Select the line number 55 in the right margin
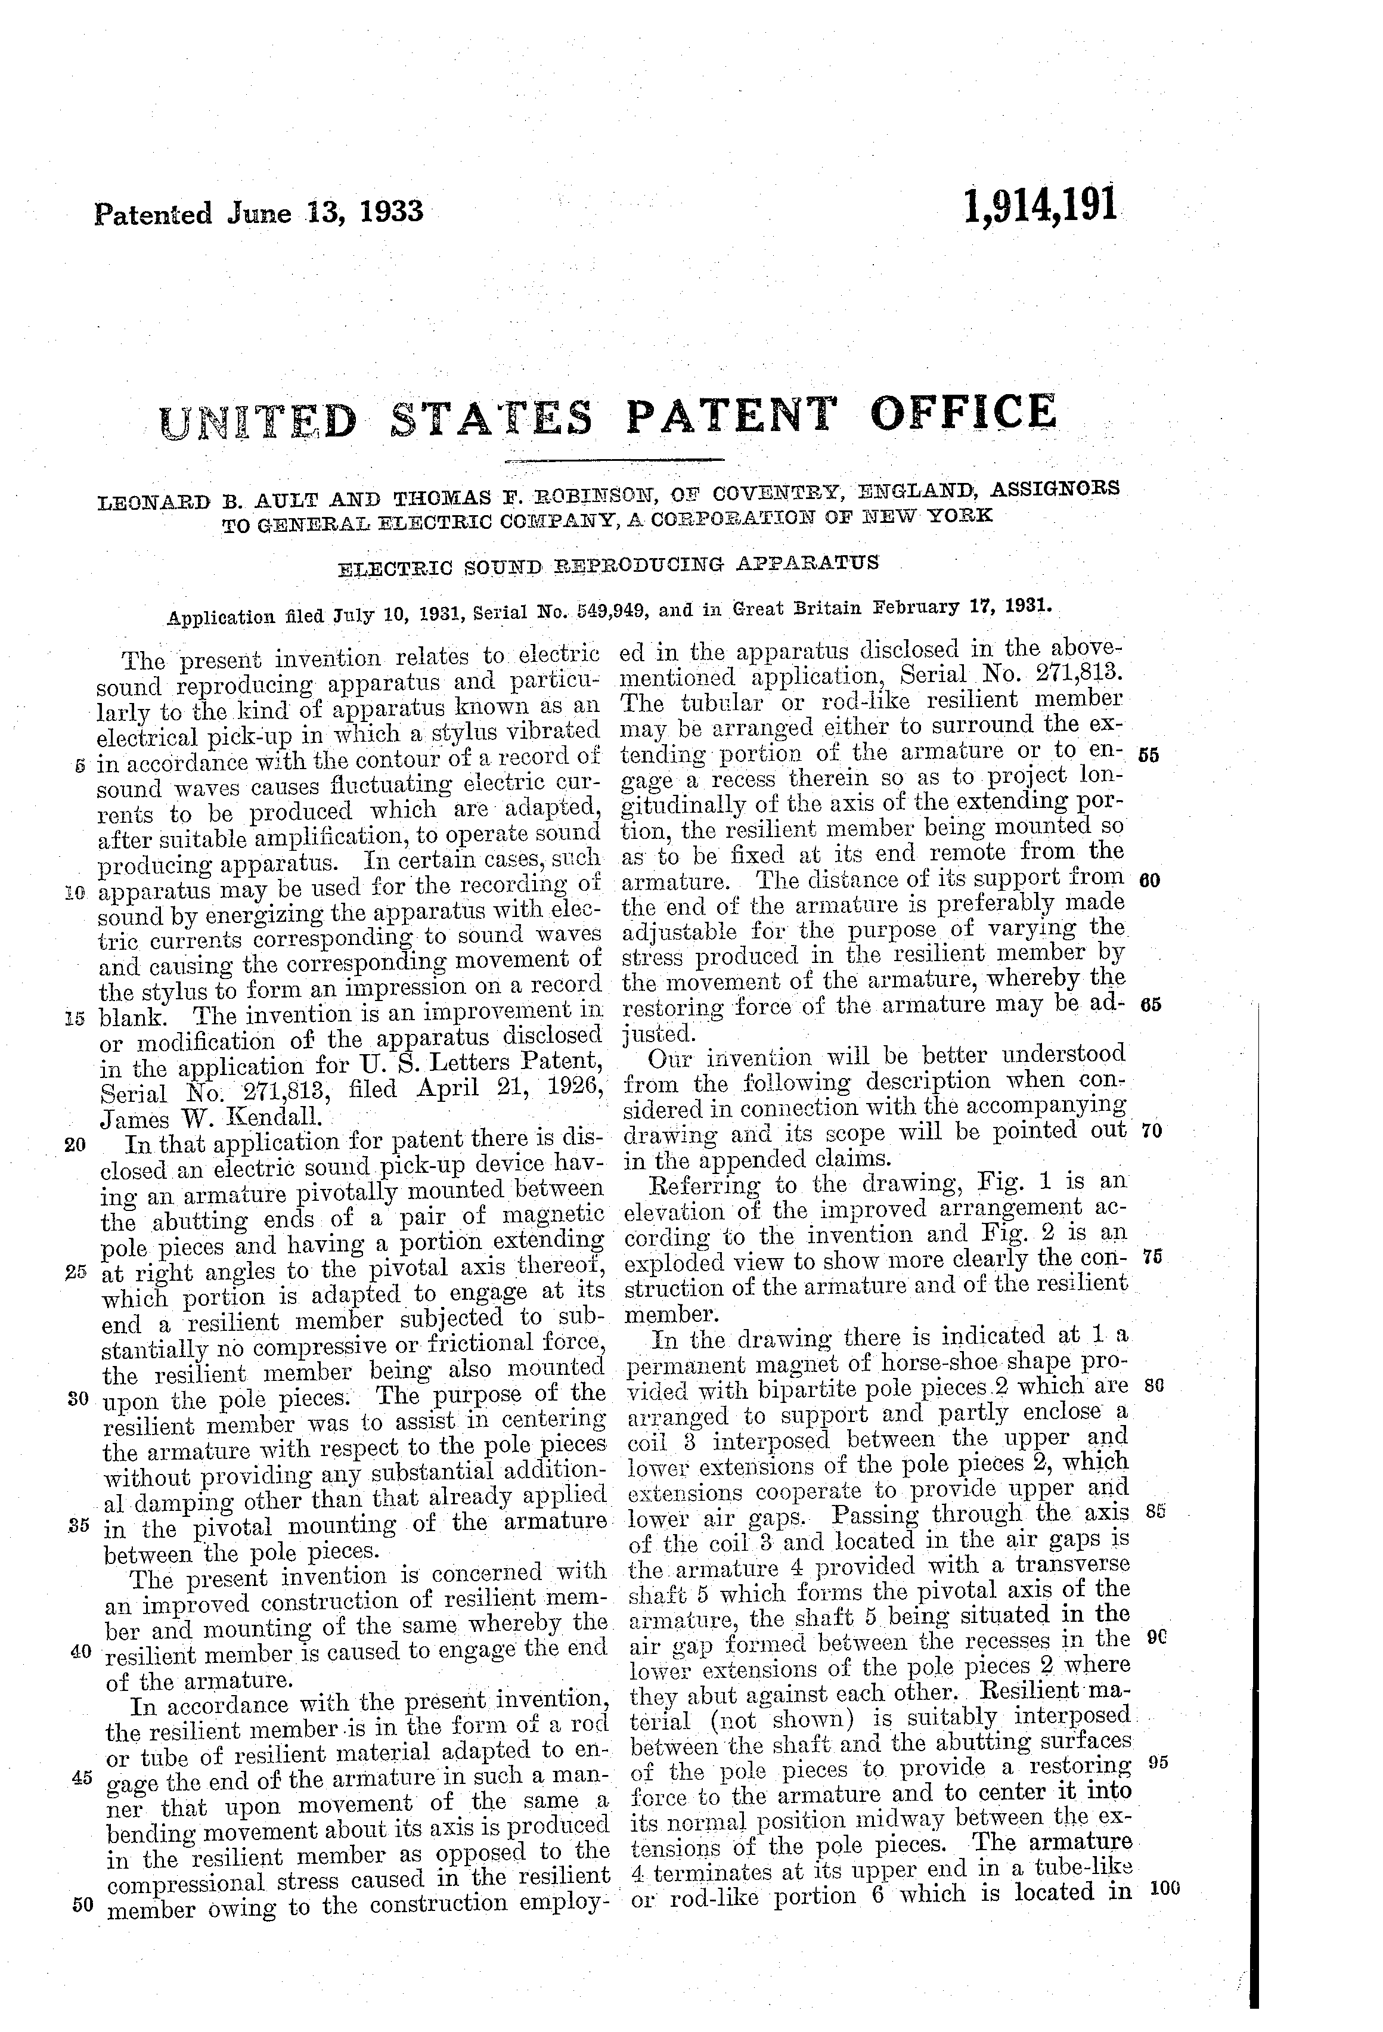click(x=1149, y=756)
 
